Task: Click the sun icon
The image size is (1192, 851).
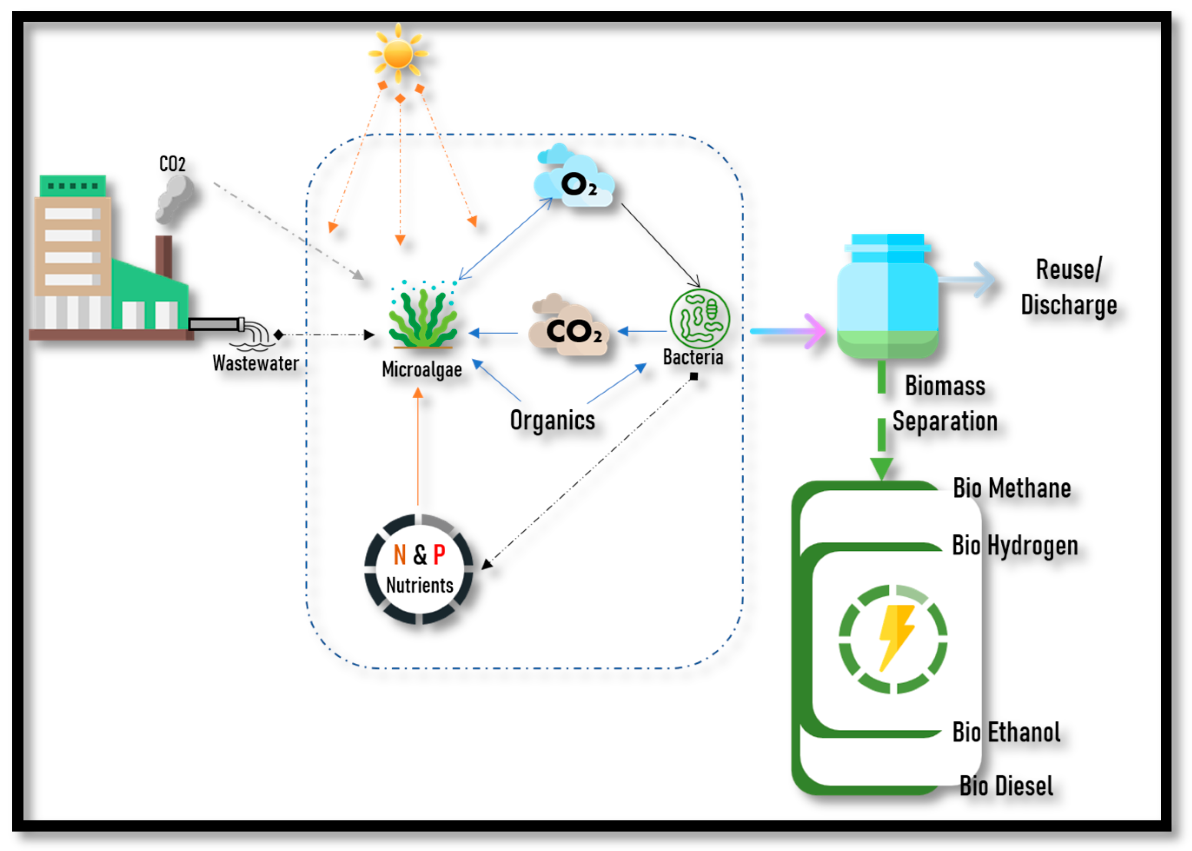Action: (398, 53)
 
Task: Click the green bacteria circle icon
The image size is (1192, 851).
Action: (699, 318)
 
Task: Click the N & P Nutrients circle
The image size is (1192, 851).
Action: (419, 570)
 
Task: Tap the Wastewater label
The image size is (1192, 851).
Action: (256, 363)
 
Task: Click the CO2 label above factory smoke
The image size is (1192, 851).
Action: (172, 164)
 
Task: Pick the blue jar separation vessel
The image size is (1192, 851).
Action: (887, 296)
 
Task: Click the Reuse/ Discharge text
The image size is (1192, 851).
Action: (1069, 288)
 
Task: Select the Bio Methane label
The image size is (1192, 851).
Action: (1012, 488)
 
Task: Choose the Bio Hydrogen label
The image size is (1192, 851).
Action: (1015, 546)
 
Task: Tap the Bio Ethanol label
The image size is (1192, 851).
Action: (1007, 732)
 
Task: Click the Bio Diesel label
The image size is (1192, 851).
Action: (1007, 786)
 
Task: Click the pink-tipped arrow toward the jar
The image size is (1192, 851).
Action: (788, 331)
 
